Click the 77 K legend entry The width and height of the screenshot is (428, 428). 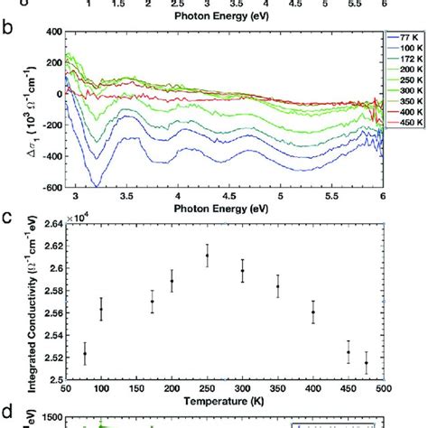(x=405, y=38)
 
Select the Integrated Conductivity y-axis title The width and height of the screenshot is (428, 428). (x=19, y=303)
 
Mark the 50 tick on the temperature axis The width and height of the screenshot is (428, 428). (x=65, y=386)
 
